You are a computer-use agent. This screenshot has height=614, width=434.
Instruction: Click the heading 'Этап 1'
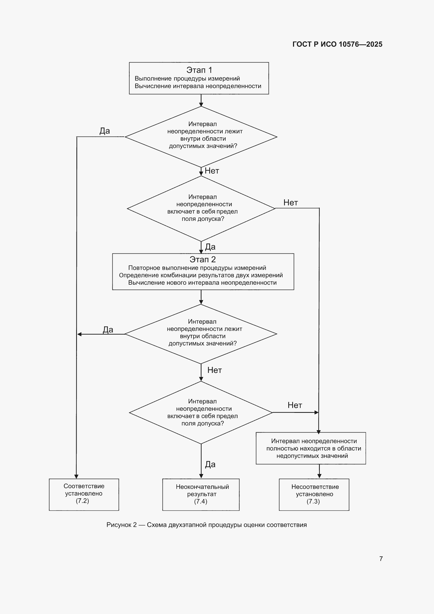click(x=199, y=70)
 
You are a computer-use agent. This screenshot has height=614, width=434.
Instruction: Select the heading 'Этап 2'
click(x=203, y=259)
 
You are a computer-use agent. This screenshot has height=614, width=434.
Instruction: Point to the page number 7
click(x=381, y=559)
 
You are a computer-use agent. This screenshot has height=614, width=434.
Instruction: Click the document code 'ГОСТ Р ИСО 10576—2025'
click(x=337, y=44)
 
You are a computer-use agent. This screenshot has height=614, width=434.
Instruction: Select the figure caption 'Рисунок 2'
click(x=122, y=525)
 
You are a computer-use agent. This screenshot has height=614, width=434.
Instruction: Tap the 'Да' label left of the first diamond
click(x=105, y=131)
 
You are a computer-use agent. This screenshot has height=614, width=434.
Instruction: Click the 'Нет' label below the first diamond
click(x=212, y=171)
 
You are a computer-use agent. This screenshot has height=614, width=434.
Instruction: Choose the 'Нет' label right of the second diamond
click(x=291, y=202)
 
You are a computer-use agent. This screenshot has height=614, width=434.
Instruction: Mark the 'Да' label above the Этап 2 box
click(x=210, y=247)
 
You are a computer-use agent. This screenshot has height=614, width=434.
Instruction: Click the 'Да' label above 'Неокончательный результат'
click(x=210, y=464)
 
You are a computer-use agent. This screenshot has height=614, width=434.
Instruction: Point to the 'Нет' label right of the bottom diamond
click(x=295, y=405)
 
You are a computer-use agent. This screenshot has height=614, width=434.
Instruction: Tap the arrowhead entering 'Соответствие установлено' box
click(x=76, y=477)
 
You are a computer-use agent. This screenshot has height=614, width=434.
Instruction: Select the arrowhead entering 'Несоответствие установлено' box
click(x=319, y=476)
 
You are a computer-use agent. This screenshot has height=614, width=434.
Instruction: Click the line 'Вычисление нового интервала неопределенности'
click(x=202, y=283)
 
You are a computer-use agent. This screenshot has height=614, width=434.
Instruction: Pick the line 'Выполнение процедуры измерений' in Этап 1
click(x=187, y=79)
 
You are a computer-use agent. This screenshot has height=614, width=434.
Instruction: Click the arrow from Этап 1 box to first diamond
click(x=201, y=100)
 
